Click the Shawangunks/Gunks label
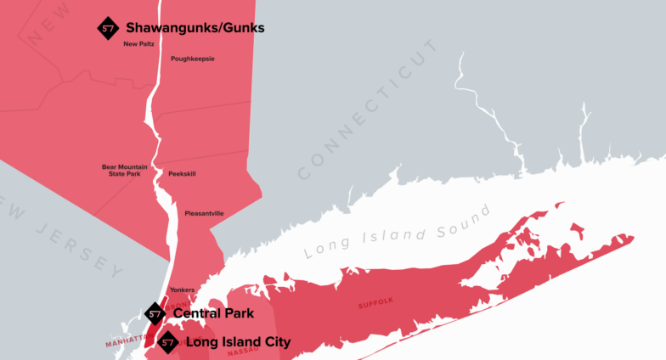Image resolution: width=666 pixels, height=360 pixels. click(195, 28)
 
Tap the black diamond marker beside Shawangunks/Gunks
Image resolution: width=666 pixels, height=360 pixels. click(108, 27)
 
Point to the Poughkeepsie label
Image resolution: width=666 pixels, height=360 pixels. click(193, 59)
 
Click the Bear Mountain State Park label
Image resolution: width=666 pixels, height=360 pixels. click(125, 170)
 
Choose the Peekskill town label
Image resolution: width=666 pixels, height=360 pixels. click(182, 173)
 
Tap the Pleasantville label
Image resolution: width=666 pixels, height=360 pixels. click(204, 213)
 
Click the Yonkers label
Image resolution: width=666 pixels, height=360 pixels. click(183, 290)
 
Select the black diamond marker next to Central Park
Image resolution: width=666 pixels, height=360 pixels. click(155, 314)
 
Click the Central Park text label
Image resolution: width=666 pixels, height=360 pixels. click(213, 313)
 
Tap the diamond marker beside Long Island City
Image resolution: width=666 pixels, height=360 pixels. click(168, 342)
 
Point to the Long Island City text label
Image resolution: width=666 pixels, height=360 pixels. click(238, 342)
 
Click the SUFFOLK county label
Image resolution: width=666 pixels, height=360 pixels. click(376, 301)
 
